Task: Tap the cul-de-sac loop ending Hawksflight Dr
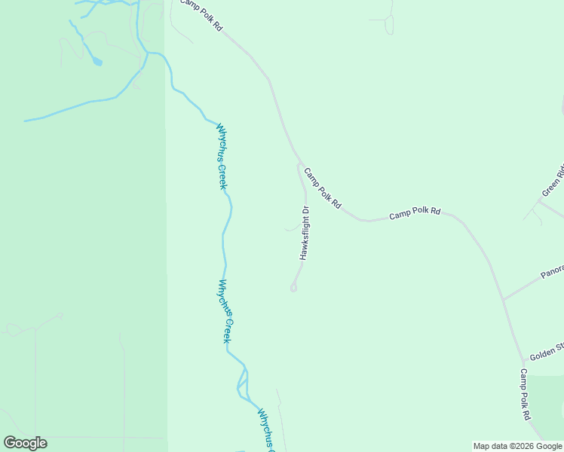click(293, 287)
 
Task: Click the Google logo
click(25, 443)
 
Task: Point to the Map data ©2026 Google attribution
click(517, 446)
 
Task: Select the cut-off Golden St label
click(546, 351)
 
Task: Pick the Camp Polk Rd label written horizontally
click(415, 213)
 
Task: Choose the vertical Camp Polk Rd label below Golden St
click(525, 394)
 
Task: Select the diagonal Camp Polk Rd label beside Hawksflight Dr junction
click(323, 188)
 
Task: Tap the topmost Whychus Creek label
click(222, 156)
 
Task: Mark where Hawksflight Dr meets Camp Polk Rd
click(300, 163)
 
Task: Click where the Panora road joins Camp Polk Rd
click(503, 299)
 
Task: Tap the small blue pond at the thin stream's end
click(97, 63)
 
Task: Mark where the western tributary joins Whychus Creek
click(148, 54)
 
